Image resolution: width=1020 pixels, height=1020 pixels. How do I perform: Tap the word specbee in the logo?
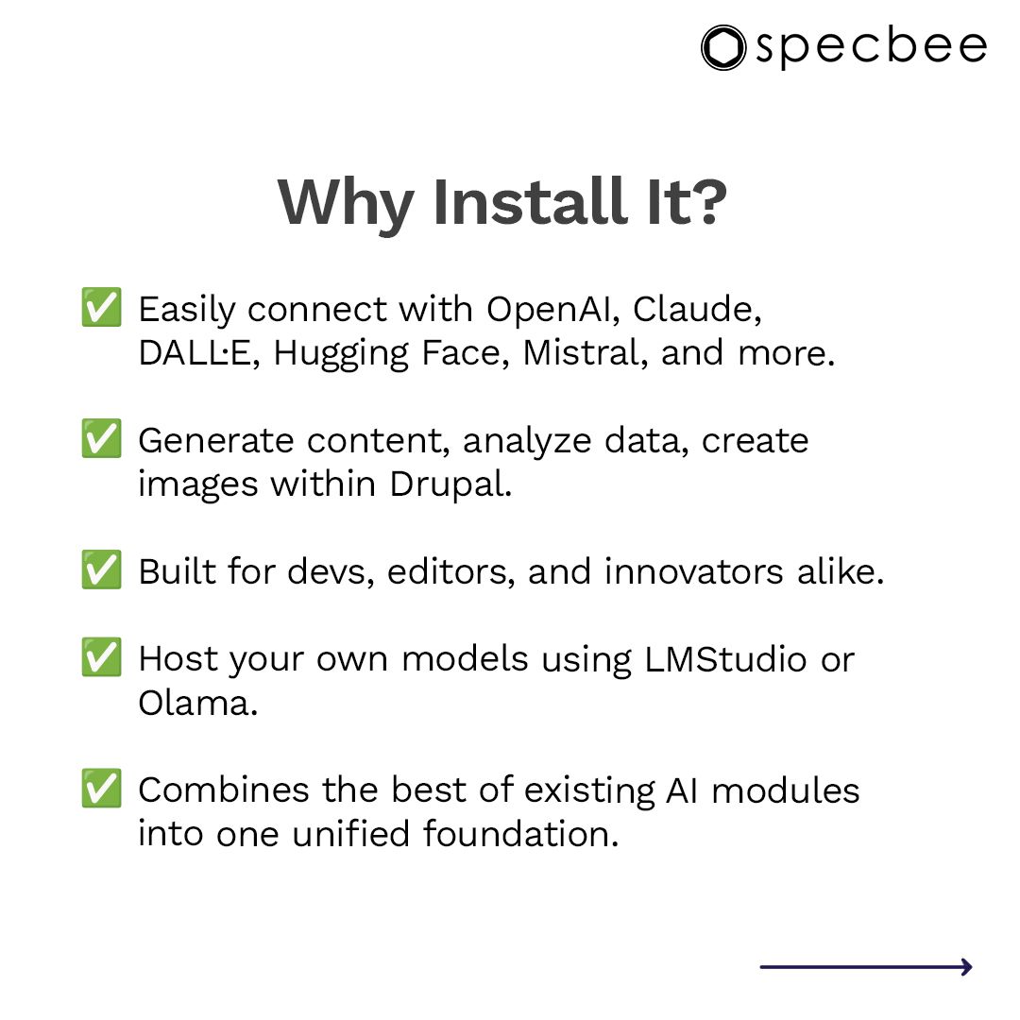coord(871,47)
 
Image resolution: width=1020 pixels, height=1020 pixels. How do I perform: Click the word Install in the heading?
coord(528,201)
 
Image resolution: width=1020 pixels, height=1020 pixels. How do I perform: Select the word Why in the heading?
coord(345,201)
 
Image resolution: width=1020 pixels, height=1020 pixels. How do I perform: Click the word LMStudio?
coord(726,659)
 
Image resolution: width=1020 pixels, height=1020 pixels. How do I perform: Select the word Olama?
coord(197,703)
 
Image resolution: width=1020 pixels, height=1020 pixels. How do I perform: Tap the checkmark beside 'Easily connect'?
coord(100,310)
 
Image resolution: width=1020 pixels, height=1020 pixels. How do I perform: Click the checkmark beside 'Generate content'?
coord(100,441)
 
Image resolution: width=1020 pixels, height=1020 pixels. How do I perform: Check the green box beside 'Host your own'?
coord(100,659)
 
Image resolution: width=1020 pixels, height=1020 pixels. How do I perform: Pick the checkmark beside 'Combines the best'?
coord(100,790)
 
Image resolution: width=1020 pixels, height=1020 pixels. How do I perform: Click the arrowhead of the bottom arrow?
coord(966,966)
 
